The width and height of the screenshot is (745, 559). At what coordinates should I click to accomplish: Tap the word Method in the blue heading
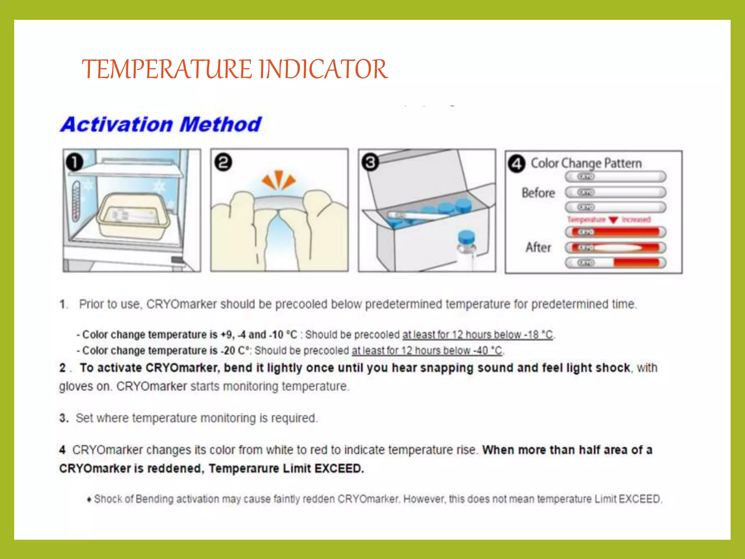pyautogui.click(x=220, y=124)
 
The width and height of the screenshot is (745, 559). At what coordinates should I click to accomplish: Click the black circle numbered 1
pyautogui.click(x=75, y=162)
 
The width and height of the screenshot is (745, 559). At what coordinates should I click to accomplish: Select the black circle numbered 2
pyautogui.click(x=223, y=162)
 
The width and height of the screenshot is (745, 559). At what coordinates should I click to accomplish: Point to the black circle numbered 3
pyautogui.click(x=370, y=162)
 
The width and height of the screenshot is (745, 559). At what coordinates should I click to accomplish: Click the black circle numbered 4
pyautogui.click(x=517, y=164)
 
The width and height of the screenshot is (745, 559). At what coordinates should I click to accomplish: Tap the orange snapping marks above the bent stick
pyautogui.click(x=279, y=180)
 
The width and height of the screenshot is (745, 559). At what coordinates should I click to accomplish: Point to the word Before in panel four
pyautogui.click(x=538, y=193)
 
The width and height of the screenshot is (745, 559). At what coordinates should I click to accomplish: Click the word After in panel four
pyautogui.click(x=538, y=247)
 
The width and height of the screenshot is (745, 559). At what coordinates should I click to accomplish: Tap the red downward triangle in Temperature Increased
pyautogui.click(x=613, y=220)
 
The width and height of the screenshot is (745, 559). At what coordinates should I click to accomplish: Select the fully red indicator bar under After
pyautogui.click(x=615, y=232)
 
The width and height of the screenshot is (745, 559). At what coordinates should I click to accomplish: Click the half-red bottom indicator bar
pyautogui.click(x=615, y=262)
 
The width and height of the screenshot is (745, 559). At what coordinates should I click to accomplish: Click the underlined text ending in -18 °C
pyautogui.click(x=478, y=334)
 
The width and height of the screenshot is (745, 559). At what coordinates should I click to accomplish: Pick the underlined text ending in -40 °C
pyautogui.click(x=427, y=350)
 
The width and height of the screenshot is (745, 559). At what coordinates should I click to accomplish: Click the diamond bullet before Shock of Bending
pyautogui.click(x=89, y=500)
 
